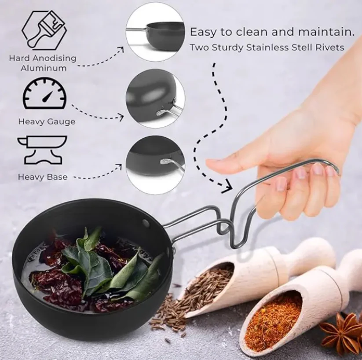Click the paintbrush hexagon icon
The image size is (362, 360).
(44, 29)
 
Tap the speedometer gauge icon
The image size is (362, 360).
(44, 94)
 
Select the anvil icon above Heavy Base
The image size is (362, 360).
(42, 150)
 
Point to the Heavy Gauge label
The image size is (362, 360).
(47, 121)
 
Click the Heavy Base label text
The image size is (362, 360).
(43, 177)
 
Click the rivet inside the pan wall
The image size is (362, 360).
(146, 222)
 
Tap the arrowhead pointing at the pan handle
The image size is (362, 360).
(227, 187)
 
